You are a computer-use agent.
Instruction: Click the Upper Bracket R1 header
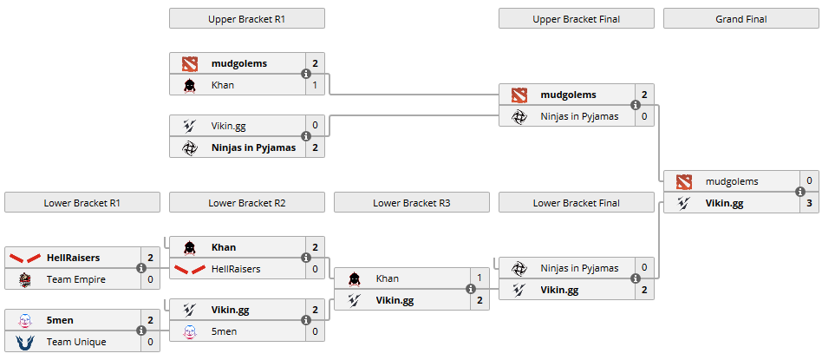tap(246, 18)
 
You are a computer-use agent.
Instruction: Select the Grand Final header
tap(741, 18)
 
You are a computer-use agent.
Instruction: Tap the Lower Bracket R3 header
tap(411, 202)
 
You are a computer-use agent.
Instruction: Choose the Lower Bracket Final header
tap(576, 202)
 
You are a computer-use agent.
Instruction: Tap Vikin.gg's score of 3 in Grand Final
tap(809, 202)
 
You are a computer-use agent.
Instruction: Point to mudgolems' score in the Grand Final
tap(809, 181)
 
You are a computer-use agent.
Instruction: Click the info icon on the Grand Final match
tap(800, 193)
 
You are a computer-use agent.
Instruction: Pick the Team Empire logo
tap(23, 278)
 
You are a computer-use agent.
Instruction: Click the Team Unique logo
tap(23, 341)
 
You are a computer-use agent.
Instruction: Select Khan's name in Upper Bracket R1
tap(222, 85)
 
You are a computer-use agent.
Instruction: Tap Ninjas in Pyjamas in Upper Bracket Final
tap(579, 115)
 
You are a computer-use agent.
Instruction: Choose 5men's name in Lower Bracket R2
tap(224, 331)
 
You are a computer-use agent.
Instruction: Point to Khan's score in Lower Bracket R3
tap(479, 278)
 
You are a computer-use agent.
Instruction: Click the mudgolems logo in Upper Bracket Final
tap(519, 95)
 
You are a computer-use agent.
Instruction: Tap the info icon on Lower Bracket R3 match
tap(471, 290)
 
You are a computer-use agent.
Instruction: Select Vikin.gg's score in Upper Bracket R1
tap(315, 126)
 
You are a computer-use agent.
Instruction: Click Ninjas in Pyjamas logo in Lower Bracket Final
tap(519, 268)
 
